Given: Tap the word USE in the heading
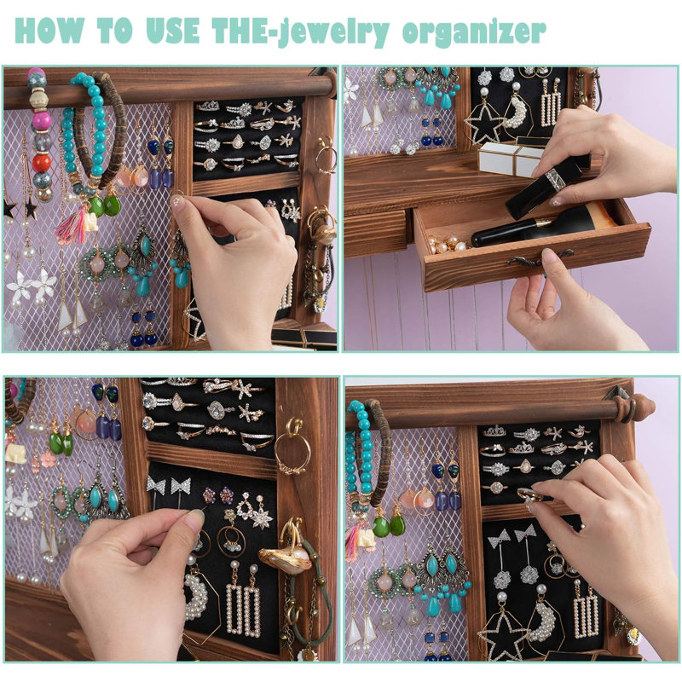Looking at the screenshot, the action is point(172,31).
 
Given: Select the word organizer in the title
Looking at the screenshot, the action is point(474,32).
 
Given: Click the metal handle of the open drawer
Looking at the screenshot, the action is point(539,260).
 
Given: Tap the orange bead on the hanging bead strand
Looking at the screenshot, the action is point(41,163).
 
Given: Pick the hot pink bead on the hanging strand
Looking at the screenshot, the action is point(40,121).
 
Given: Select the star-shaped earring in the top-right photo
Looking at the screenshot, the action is point(483,123).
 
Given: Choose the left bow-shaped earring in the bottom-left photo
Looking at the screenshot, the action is point(155,485).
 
